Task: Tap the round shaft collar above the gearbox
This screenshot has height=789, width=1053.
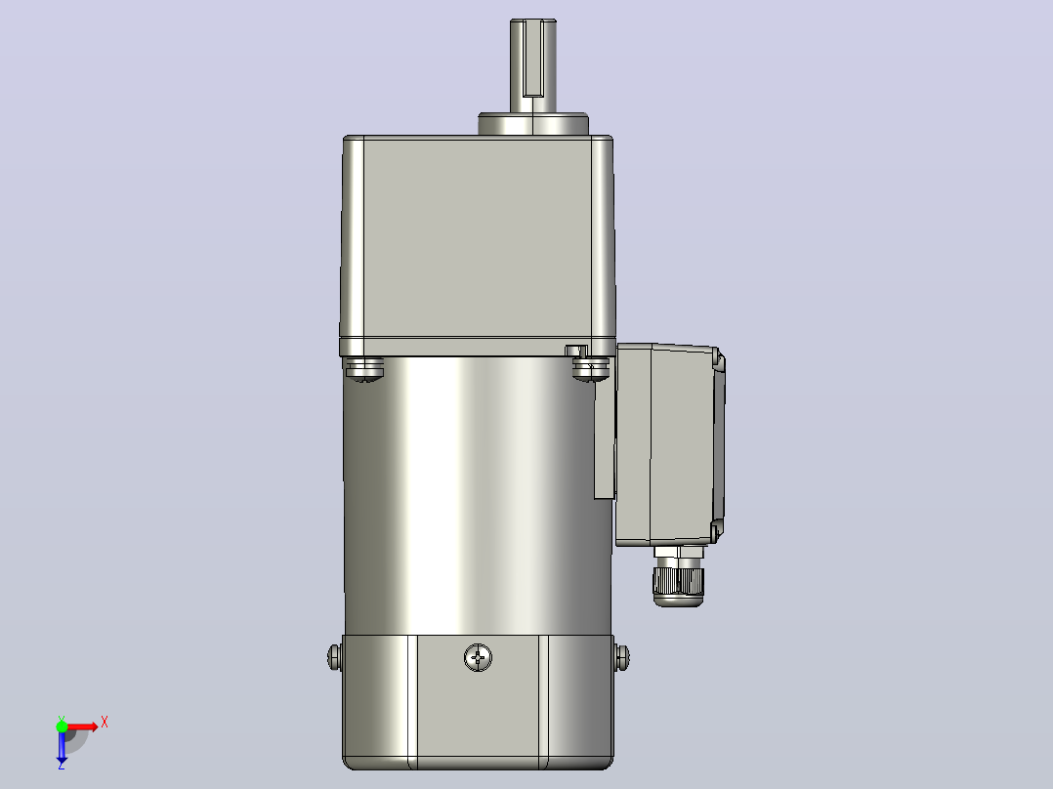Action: [533, 124]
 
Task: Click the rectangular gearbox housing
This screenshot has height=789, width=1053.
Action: [478, 245]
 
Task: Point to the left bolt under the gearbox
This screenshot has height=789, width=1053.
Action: [364, 369]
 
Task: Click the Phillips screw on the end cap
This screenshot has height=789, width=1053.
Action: [479, 657]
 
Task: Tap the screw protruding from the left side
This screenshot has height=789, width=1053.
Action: [334, 657]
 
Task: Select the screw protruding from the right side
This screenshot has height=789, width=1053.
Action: [622, 657]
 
